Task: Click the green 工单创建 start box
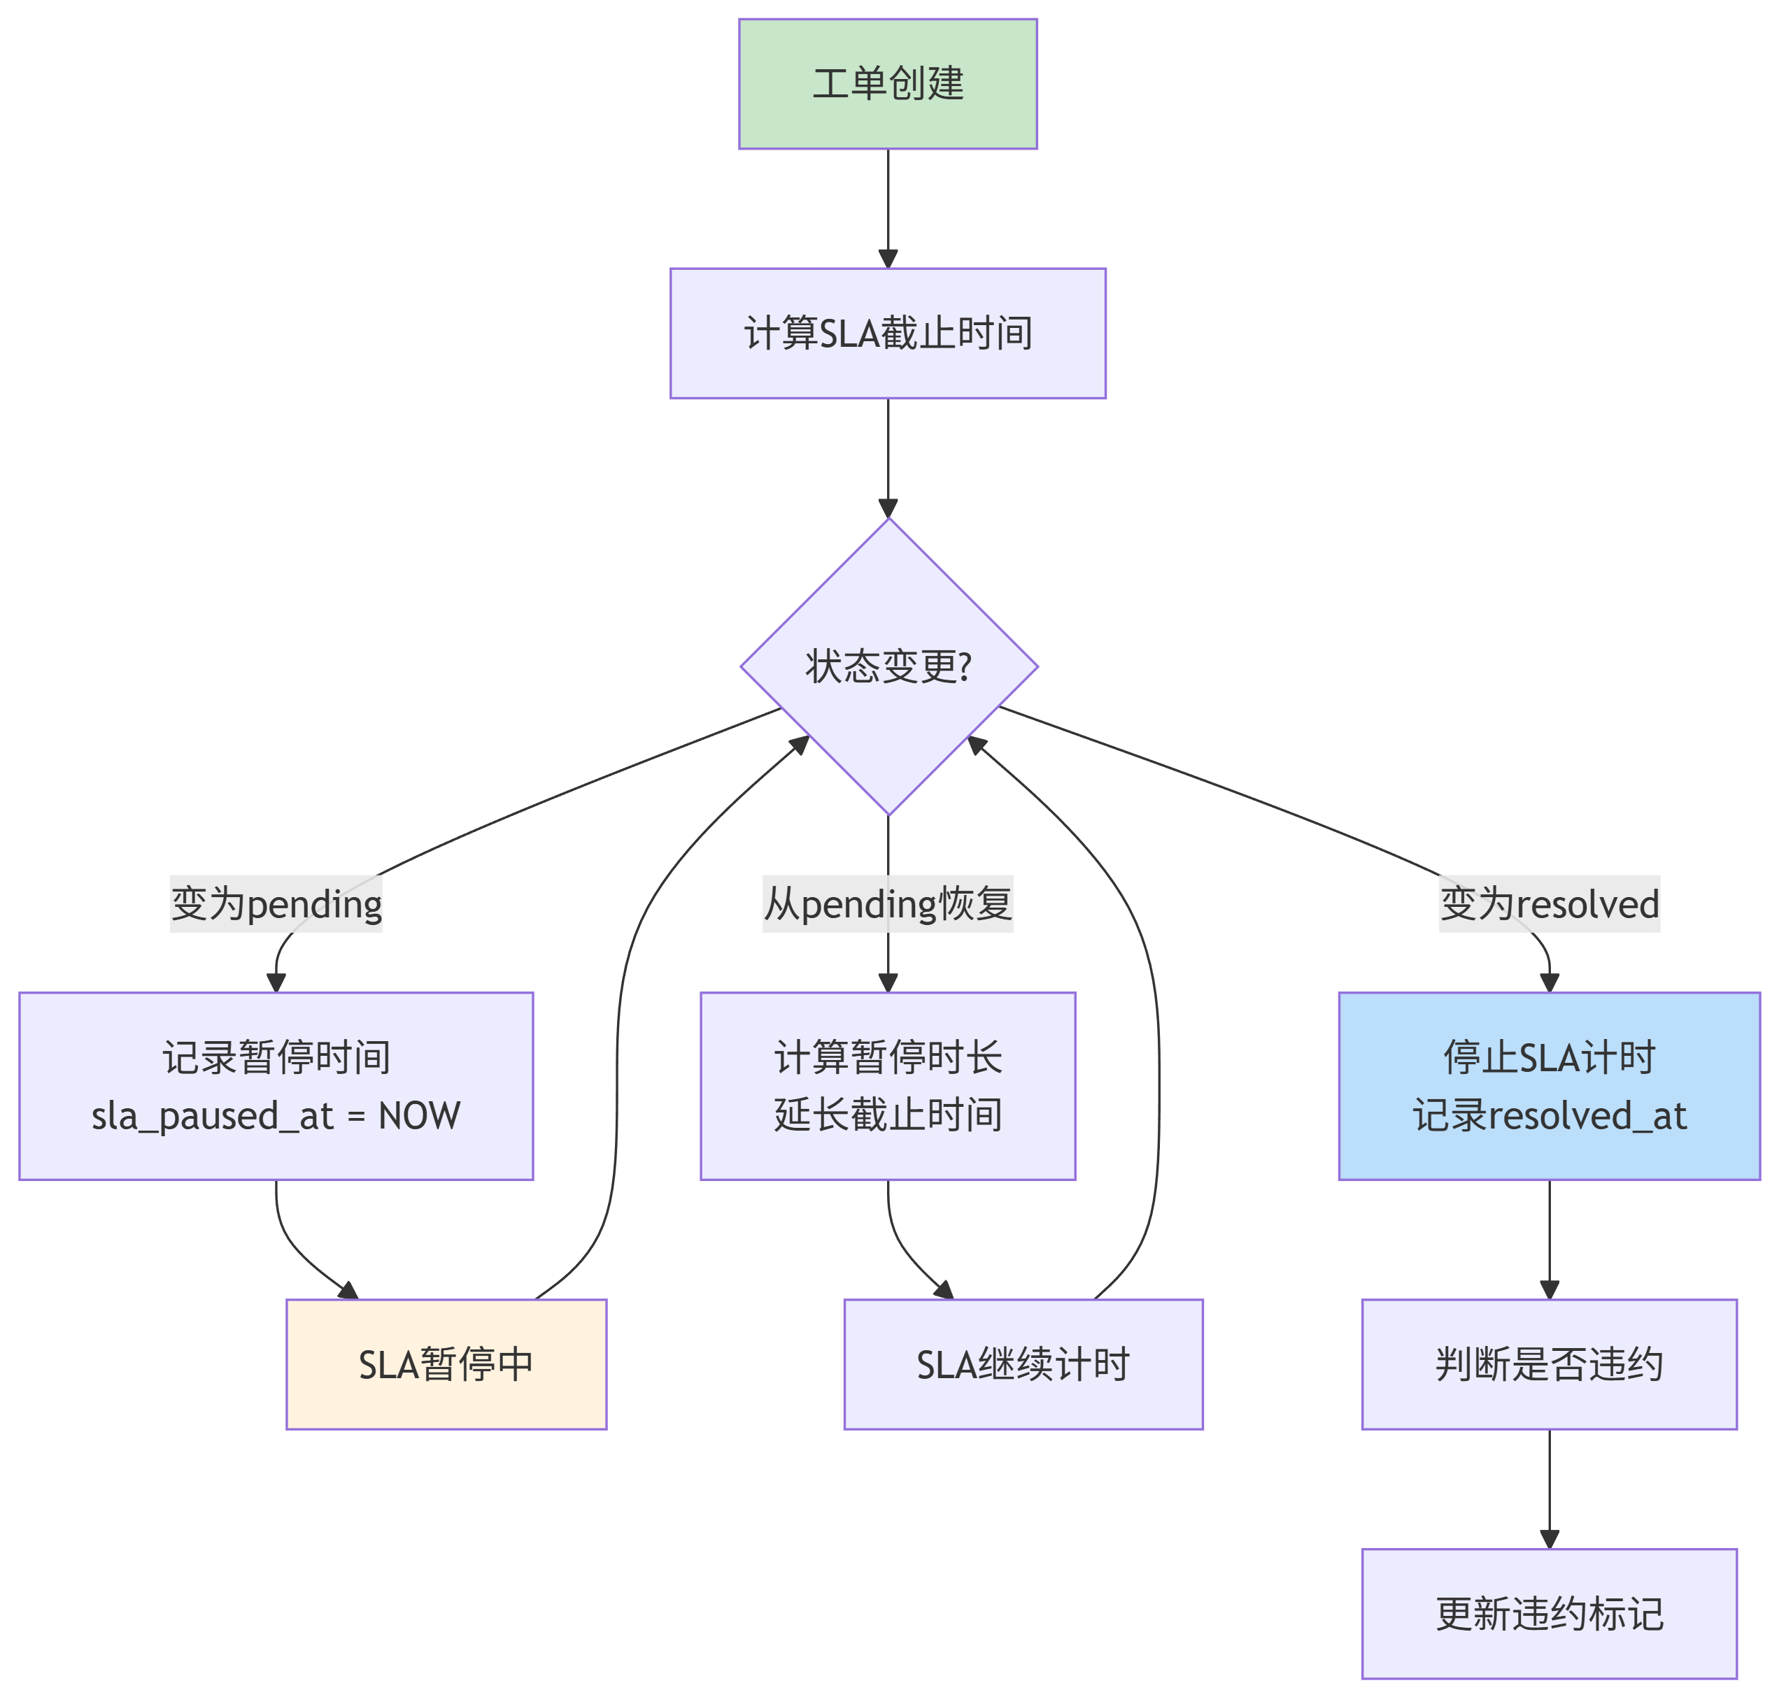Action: pyautogui.click(x=887, y=84)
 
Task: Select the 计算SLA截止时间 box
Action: pyautogui.click(x=887, y=333)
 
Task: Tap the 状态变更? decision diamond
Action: pyautogui.click(x=888, y=666)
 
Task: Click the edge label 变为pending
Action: pyautogui.click(x=276, y=903)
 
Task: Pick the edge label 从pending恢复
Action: pyautogui.click(x=887, y=903)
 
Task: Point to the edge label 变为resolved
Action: pyautogui.click(x=1548, y=903)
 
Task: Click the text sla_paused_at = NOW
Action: pyautogui.click(x=276, y=1115)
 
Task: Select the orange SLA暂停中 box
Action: pyautogui.click(x=446, y=1364)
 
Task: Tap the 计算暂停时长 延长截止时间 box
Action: pyautogui.click(x=887, y=1085)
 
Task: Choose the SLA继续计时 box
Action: pyautogui.click(x=1023, y=1364)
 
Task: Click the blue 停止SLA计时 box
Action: pyautogui.click(x=1548, y=1085)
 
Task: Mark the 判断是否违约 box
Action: pyautogui.click(x=1548, y=1364)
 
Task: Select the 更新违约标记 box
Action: pyautogui.click(x=1548, y=1614)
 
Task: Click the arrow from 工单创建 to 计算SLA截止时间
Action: pyautogui.click(x=888, y=208)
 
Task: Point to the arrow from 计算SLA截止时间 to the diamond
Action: pyautogui.click(x=888, y=457)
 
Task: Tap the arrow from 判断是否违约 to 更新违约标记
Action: pyautogui.click(x=1549, y=1489)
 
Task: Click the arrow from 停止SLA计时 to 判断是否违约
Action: pyautogui.click(x=1549, y=1239)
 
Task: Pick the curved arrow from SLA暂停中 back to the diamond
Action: pyautogui.click(x=618, y=1040)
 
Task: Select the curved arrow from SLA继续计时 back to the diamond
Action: pyautogui.click(x=1158, y=1040)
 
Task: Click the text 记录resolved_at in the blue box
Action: pyautogui.click(x=1548, y=1115)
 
